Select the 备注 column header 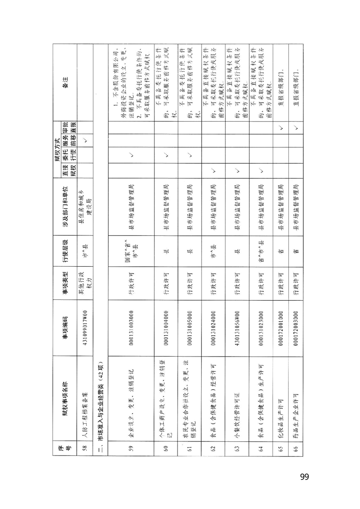pyautogui.click(x=65, y=82)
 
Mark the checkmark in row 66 pyautogui.click(x=296, y=129)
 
